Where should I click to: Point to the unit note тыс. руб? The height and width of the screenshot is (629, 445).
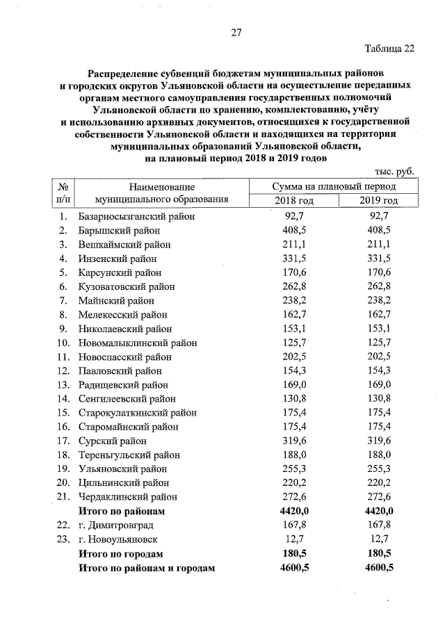(394, 171)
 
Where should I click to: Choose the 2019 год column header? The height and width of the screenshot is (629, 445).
(378, 201)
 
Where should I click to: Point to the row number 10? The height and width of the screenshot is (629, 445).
(63, 343)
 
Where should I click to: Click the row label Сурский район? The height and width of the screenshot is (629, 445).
(113, 441)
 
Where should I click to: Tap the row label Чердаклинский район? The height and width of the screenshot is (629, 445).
(128, 497)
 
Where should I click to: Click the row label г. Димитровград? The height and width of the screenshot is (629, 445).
(116, 525)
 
